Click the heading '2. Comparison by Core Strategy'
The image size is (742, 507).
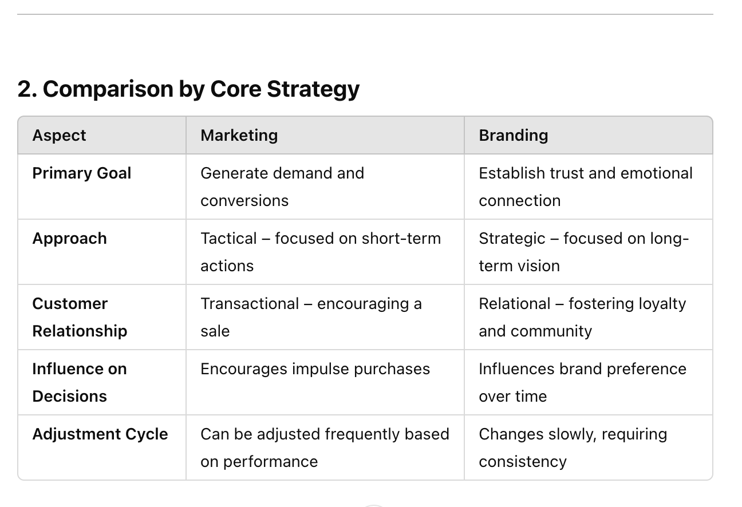pyautogui.click(x=188, y=89)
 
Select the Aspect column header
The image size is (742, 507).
pyautogui.click(x=59, y=136)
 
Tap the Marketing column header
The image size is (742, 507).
pyautogui.click(x=239, y=136)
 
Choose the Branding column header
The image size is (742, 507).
pyautogui.click(x=513, y=136)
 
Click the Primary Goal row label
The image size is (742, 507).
pyautogui.click(x=81, y=173)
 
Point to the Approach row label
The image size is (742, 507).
pyautogui.click(x=70, y=239)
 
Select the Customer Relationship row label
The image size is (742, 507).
pyautogui.click(x=80, y=317)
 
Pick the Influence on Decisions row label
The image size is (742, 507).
pyautogui.click(x=80, y=382)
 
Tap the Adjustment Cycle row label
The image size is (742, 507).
pyautogui.click(x=100, y=434)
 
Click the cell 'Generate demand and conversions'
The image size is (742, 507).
pyautogui.click(x=282, y=187)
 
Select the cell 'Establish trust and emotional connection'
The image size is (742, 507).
pyautogui.click(x=586, y=187)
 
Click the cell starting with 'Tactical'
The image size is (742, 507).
pyautogui.click(x=321, y=252)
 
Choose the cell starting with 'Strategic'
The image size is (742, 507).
pyautogui.click(x=583, y=252)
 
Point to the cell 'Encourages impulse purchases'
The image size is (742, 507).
pyautogui.click(x=315, y=369)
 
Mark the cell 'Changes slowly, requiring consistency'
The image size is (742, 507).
pyautogui.click(x=573, y=447)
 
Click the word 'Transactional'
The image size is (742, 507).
pyautogui.click(x=250, y=304)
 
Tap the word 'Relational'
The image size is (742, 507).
pyautogui.click(x=515, y=304)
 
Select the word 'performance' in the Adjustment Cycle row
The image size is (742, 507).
pyautogui.click(x=270, y=462)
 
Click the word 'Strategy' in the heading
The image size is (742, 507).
pyautogui.click(x=313, y=90)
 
